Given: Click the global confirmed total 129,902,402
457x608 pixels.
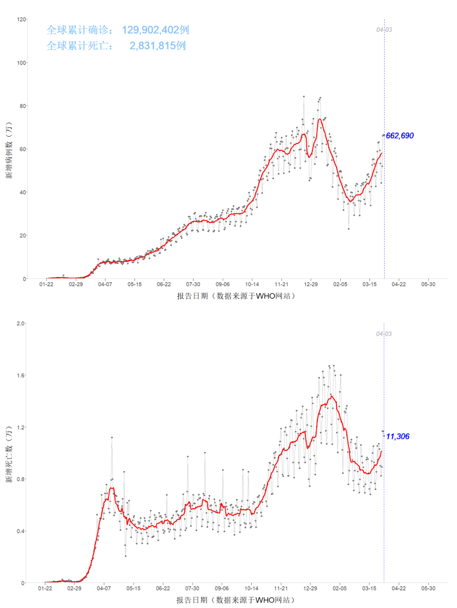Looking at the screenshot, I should [155, 30].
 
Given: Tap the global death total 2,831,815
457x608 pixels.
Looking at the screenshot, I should [157, 46].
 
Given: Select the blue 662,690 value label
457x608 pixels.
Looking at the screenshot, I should [399, 136].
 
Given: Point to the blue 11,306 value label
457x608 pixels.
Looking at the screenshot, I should [397, 436].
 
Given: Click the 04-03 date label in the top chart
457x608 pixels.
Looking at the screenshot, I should [384, 30].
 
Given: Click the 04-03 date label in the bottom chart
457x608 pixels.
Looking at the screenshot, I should [384, 334].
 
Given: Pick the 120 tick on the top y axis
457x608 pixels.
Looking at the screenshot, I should [21, 19].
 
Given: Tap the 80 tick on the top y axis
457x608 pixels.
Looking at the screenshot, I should [22, 106].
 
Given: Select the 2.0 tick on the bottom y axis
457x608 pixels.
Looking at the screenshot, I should [20, 324].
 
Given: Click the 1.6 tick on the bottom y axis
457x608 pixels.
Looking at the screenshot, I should [20, 375].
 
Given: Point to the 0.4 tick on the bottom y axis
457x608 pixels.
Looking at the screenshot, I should [20, 531].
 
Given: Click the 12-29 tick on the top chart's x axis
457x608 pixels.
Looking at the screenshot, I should [311, 284].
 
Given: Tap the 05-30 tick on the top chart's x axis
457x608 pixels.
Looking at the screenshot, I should [428, 284].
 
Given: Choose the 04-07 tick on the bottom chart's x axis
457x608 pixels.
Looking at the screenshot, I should [104, 588].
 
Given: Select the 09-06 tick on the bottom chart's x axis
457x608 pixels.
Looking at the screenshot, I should [221, 588].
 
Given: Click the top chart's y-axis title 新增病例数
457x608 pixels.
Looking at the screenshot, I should [9, 150].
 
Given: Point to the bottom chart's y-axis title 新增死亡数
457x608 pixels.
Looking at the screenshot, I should [9, 455].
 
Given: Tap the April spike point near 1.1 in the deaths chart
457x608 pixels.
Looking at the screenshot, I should [112, 438].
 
